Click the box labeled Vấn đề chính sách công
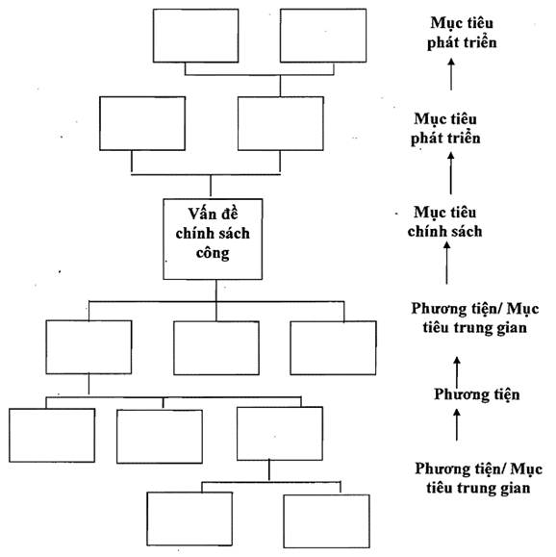(x=213, y=240)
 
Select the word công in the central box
(x=213, y=253)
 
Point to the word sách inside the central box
(x=234, y=234)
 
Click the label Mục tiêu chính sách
(x=444, y=221)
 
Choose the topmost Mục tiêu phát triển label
(x=462, y=33)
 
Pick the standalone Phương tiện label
(x=477, y=394)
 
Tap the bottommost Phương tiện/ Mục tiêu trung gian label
(x=478, y=478)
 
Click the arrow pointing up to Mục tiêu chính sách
(x=447, y=263)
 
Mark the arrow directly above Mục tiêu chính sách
(x=451, y=173)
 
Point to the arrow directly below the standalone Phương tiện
(x=457, y=425)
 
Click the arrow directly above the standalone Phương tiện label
(x=457, y=372)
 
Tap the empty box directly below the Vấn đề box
(x=216, y=348)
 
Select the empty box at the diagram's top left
(x=196, y=36)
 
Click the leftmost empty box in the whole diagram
(x=52, y=435)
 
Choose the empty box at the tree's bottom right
(x=326, y=521)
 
